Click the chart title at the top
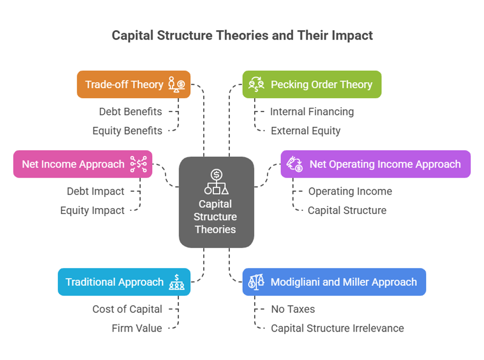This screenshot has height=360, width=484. (242, 36)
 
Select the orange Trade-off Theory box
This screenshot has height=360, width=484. (133, 84)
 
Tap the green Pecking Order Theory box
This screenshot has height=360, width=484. (311, 84)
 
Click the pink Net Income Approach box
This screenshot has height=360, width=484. (83, 164)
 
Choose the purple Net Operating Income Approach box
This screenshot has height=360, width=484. (375, 164)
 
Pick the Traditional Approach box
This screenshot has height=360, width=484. (124, 282)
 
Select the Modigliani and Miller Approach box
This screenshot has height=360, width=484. (334, 282)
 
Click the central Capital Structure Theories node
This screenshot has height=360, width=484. (216, 202)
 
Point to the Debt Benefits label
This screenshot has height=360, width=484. (130, 112)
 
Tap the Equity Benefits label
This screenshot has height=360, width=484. (127, 130)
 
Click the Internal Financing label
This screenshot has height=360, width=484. (311, 112)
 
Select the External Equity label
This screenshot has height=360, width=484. (306, 130)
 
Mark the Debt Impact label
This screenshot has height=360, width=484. (95, 191)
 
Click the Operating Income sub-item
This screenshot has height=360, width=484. (349, 191)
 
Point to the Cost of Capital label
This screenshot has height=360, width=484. (127, 309)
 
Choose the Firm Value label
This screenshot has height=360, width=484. (137, 328)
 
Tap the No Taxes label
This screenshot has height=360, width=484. (292, 309)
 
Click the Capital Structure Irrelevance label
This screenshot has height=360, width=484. (337, 328)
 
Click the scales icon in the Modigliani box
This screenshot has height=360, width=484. (256, 282)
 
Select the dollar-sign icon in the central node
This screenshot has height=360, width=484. (216, 174)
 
